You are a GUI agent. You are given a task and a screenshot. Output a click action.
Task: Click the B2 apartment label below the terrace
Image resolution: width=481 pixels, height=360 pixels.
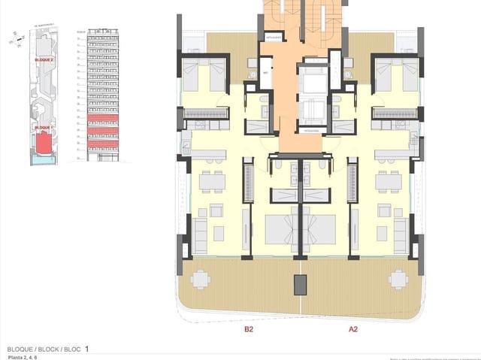[x=248, y=328]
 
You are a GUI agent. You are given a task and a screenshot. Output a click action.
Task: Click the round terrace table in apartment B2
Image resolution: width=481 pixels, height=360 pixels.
[x=201, y=280]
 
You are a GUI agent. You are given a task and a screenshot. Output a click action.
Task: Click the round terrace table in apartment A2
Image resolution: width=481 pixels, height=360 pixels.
[x=398, y=280]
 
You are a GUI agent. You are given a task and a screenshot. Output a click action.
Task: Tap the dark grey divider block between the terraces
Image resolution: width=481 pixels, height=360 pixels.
[x=300, y=284]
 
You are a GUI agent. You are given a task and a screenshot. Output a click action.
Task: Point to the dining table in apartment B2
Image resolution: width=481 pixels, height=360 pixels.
[x=213, y=181]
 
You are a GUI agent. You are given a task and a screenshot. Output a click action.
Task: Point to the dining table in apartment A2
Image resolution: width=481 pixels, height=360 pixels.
[x=388, y=181]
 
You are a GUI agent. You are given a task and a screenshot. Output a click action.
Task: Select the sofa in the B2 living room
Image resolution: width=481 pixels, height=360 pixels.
[x=201, y=234]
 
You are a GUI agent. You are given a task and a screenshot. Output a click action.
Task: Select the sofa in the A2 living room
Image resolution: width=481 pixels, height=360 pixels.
[x=400, y=234]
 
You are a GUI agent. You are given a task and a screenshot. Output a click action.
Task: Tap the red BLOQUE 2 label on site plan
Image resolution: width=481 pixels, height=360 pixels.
[x=44, y=59]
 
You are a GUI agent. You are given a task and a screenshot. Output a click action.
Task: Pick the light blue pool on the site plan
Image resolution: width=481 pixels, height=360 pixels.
[x=43, y=161]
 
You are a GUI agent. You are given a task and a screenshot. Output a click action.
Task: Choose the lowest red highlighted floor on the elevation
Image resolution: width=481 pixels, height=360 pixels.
[x=104, y=144]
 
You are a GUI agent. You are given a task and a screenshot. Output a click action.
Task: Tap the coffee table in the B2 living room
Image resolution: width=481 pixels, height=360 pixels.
[x=218, y=232]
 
